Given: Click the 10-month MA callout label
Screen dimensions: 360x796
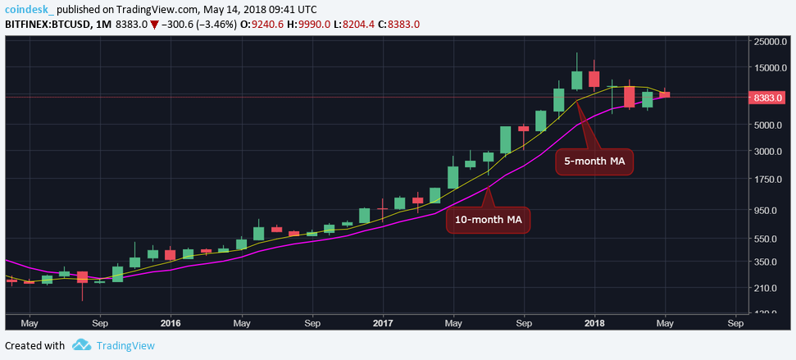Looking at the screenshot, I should tap(488, 220).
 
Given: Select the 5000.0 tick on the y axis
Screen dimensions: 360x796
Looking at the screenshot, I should tap(775, 125).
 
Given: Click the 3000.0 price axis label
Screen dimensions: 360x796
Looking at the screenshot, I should tap(775, 152).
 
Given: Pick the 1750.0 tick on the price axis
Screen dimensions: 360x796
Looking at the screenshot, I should tap(775, 180).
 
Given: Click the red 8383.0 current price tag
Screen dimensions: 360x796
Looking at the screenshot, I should tap(772, 98).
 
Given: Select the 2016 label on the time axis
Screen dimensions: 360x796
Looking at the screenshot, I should tap(171, 323).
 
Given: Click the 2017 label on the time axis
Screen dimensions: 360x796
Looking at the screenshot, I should tap(383, 323).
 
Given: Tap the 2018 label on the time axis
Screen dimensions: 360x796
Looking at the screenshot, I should tap(596, 323).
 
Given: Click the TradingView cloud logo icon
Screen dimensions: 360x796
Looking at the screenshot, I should tap(80, 345).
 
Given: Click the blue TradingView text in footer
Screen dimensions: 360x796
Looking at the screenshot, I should tap(125, 346).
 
